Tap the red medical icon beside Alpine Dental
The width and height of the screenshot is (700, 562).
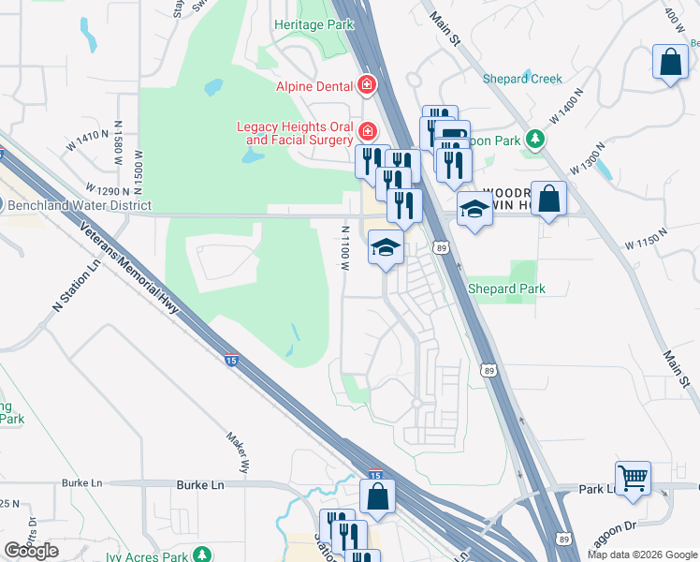coord(368,86)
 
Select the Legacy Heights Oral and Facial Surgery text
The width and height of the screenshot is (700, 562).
coord(295,133)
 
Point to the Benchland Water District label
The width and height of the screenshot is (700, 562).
coord(79,204)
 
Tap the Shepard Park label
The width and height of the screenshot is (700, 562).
coord(506,289)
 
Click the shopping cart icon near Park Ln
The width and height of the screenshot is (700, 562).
coord(634,477)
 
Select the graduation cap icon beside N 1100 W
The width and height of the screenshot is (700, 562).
coord(384,248)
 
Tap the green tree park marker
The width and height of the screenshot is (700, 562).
coord(534,140)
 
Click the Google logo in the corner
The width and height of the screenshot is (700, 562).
coord(32,551)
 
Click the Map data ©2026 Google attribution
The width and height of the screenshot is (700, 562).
coord(641,555)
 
